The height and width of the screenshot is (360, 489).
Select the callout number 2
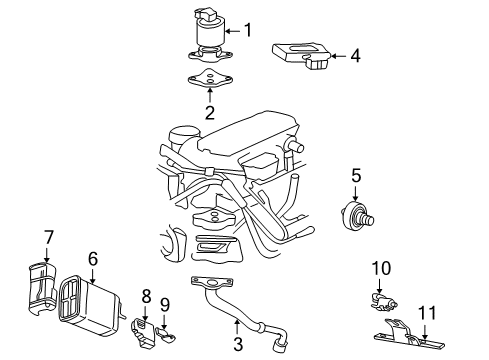point(209,113)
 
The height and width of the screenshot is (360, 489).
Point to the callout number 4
point(354,57)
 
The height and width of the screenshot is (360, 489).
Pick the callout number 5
point(355,177)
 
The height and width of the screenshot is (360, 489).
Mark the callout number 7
point(47,236)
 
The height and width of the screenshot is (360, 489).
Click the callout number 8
point(146,296)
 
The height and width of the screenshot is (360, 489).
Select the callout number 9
point(166,302)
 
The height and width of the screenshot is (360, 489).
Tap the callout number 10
point(381,267)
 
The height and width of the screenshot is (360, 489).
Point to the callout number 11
point(427,312)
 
